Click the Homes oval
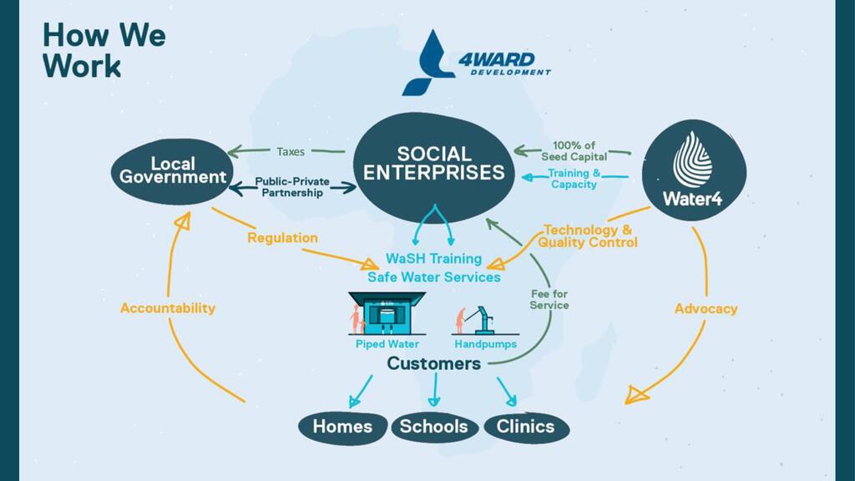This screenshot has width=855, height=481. click(342, 427)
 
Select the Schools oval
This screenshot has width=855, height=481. click(433, 427)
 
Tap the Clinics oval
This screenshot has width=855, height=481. click(525, 427)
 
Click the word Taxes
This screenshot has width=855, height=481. click(291, 152)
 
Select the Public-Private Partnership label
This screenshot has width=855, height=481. click(292, 187)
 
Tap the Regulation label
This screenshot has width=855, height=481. click(282, 238)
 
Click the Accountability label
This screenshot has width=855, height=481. click(167, 308)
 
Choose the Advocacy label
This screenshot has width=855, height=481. click(706, 309)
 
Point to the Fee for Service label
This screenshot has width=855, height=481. click(549, 299)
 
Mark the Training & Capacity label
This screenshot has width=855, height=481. click(574, 179)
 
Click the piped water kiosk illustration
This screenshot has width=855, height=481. click(386, 315)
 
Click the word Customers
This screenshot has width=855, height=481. click(433, 364)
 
